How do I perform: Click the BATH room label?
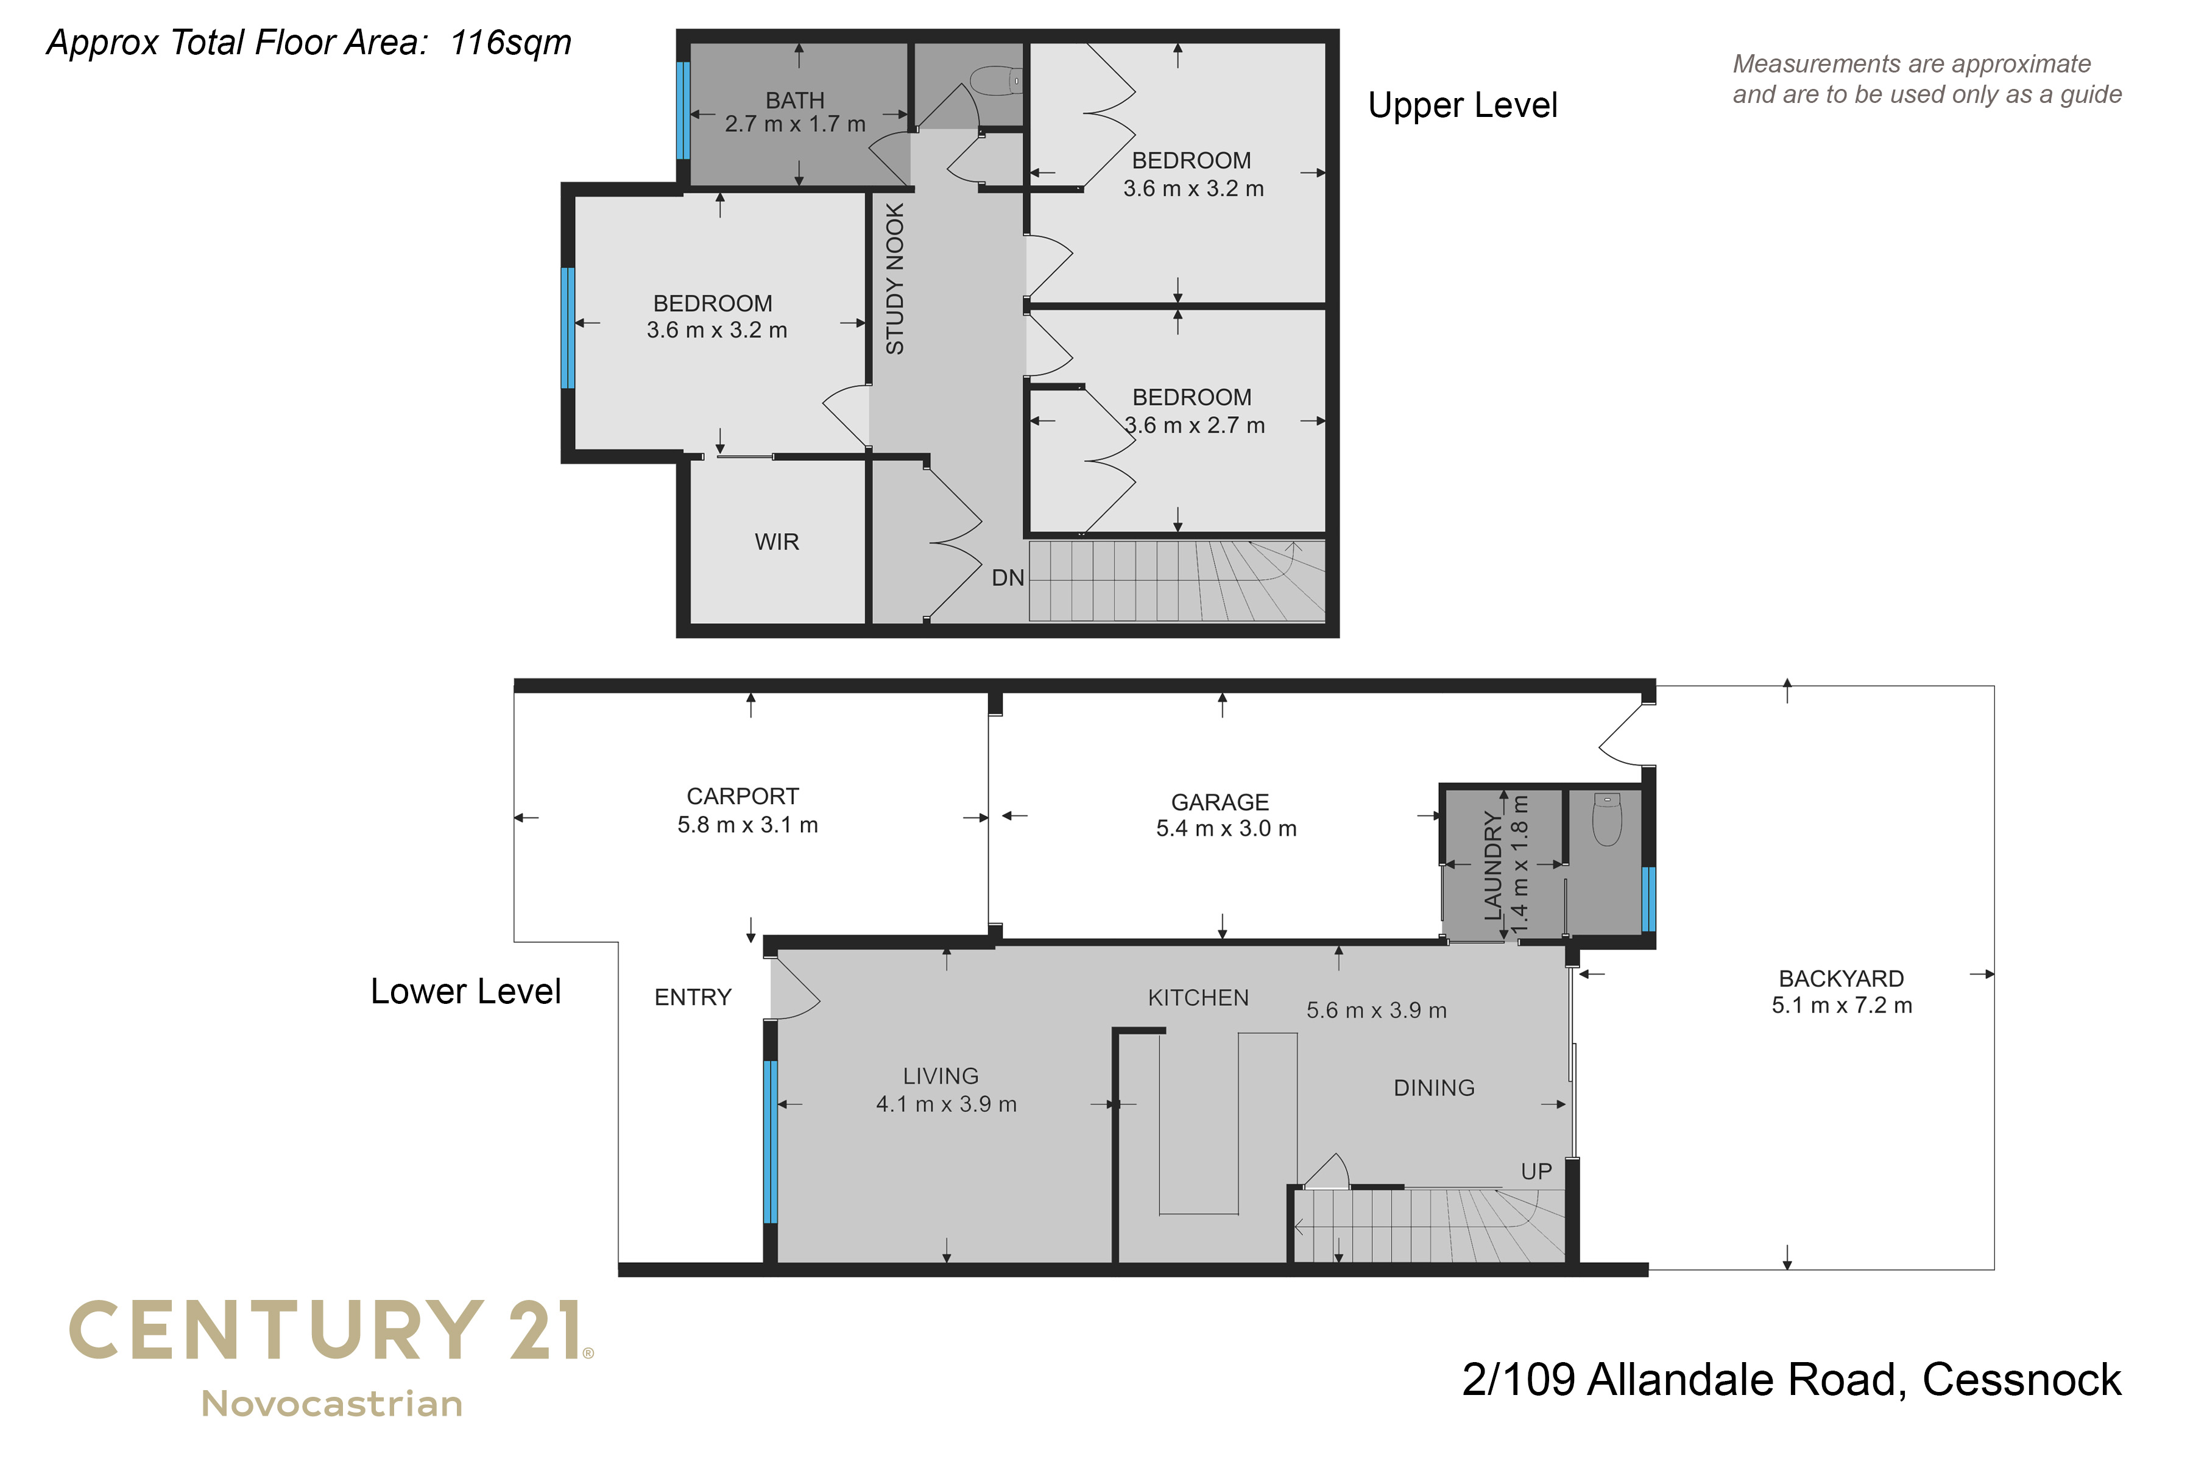(x=796, y=100)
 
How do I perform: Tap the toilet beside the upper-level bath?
(x=996, y=81)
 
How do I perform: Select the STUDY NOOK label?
(x=895, y=279)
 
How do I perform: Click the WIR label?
(x=777, y=542)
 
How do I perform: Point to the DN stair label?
(x=1008, y=578)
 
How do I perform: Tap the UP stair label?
(x=1536, y=1171)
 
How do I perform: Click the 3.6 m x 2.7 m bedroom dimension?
(x=1195, y=425)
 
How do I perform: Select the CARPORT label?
(x=743, y=796)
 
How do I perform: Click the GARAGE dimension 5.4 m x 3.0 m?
(x=1226, y=828)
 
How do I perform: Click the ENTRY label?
(x=693, y=998)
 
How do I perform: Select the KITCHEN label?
(x=1198, y=998)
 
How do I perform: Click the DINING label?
(x=1434, y=1088)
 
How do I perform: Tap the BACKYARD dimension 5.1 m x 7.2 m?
(x=1842, y=1005)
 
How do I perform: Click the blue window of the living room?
(x=770, y=1141)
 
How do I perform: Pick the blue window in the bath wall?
(x=683, y=110)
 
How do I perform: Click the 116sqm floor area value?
(x=511, y=43)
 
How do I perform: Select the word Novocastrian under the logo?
(x=332, y=1404)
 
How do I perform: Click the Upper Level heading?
(x=1462, y=105)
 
